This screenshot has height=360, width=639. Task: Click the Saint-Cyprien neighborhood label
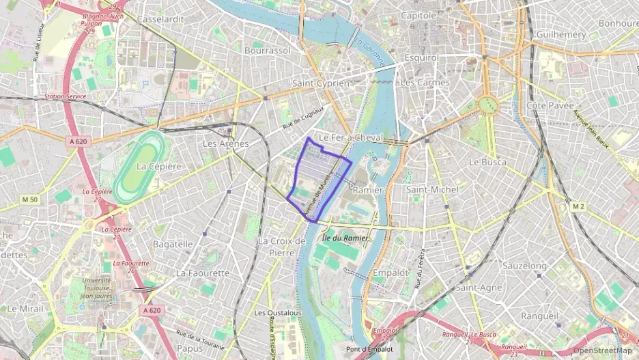pyautogui.click(x=320, y=83)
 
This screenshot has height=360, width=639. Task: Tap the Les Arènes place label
pyautogui.click(x=226, y=143)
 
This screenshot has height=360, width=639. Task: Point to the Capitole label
pyautogui.click(x=418, y=15)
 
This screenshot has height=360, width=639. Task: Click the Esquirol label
pyautogui.click(x=421, y=58)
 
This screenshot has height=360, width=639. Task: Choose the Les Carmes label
pyautogui.click(x=425, y=83)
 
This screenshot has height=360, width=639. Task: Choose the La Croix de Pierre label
pyautogui.click(x=281, y=247)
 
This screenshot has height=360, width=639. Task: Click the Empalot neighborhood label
pyautogui.click(x=390, y=273)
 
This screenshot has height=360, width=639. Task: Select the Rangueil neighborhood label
pyautogui.click(x=540, y=316)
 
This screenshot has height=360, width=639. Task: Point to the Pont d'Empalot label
pyautogui.click(x=369, y=349)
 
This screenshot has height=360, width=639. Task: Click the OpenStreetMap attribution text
pyautogui.click(x=602, y=350)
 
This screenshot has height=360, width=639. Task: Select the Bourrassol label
pyautogui.click(x=267, y=51)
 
